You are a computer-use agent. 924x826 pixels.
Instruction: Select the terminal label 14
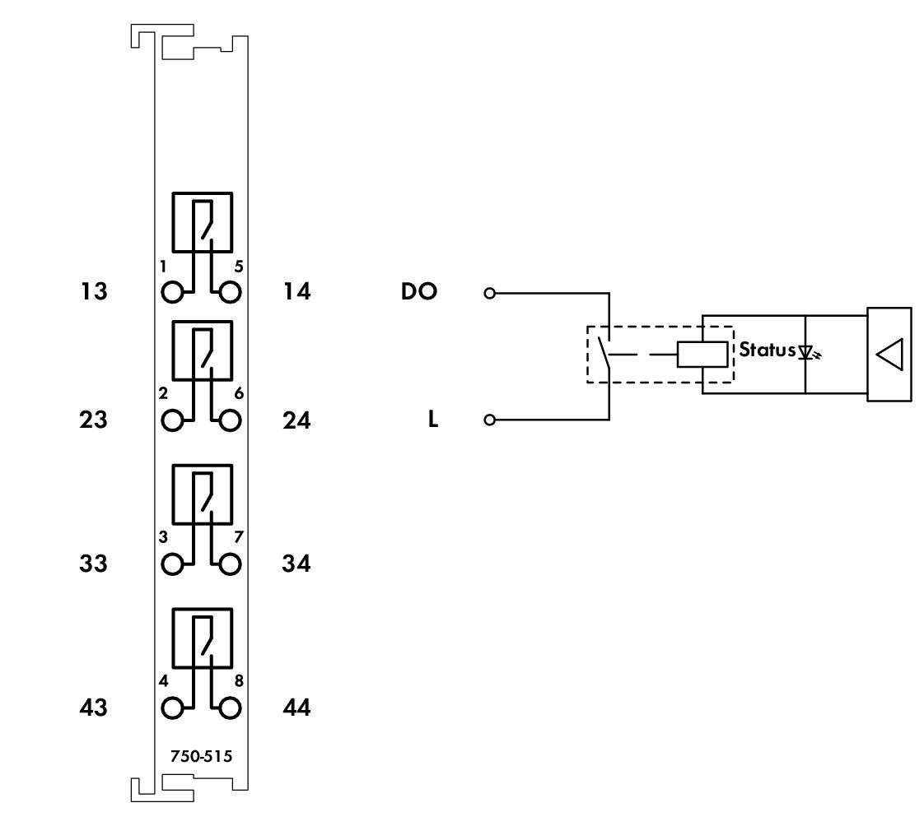[296, 292]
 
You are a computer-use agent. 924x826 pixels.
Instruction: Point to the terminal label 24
[296, 420]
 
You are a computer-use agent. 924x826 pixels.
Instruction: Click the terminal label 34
[296, 564]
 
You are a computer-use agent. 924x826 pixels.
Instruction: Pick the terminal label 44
[296, 708]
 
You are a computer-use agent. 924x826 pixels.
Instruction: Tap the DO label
[420, 292]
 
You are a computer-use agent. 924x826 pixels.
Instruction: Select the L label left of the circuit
[433, 420]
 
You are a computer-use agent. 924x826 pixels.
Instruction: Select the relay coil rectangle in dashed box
[702, 354]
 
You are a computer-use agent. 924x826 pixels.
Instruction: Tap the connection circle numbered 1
[173, 292]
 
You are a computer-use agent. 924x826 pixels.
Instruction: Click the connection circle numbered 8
[231, 708]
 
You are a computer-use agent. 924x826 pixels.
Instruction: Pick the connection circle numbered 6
[231, 420]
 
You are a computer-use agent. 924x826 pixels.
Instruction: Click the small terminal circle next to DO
[490, 293]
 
